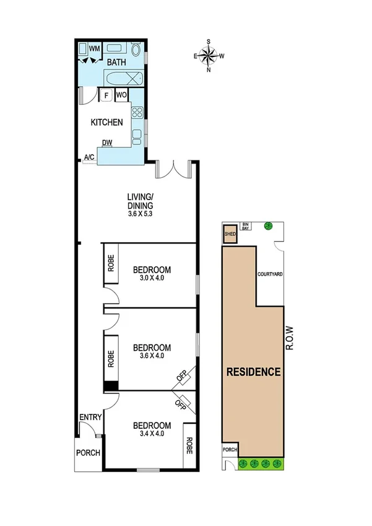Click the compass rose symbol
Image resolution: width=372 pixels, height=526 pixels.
pyautogui.click(x=209, y=56)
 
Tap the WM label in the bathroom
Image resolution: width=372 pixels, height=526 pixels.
pyautogui.click(x=94, y=48)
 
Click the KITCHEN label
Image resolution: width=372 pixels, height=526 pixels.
pyautogui.click(x=107, y=123)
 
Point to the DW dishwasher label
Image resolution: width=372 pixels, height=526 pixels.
pyautogui.click(x=107, y=143)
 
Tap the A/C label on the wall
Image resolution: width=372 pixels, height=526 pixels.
pyautogui.click(x=89, y=157)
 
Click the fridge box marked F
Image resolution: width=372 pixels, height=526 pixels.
pyautogui.click(x=106, y=95)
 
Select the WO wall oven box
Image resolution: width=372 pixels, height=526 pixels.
pyautogui.click(x=121, y=95)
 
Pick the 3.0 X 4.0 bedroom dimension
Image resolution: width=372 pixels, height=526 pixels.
pyautogui.click(x=152, y=278)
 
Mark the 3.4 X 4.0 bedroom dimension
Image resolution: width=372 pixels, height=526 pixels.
pyautogui.click(x=152, y=434)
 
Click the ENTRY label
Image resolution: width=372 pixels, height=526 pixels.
pyautogui.click(x=90, y=418)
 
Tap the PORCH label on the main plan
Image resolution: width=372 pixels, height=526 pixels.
pyautogui.click(x=89, y=453)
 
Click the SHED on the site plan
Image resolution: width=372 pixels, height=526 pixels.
pyautogui.click(x=230, y=234)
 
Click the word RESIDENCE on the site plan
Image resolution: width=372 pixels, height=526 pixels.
pyautogui.click(x=253, y=372)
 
